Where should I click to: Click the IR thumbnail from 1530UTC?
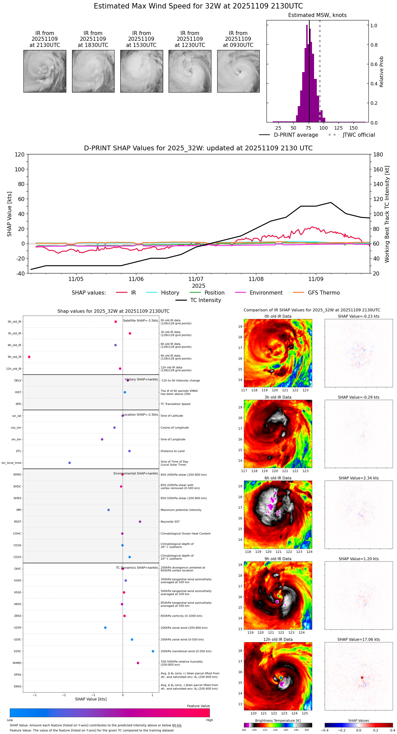pyautogui.click(x=141, y=71)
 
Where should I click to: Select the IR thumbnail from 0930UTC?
pyautogui.click(x=238, y=71)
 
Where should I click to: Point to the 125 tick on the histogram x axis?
pyautogui.click(x=338, y=128)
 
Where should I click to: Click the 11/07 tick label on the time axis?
pyautogui.click(x=196, y=279)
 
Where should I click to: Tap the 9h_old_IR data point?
pyautogui.click(x=29, y=357)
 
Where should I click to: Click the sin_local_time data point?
pyautogui.click(x=70, y=463)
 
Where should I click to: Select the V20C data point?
pyautogui.click(x=153, y=651)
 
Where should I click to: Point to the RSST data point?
pyautogui.click(x=140, y=521)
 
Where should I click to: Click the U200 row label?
pyautogui.click(x=17, y=628)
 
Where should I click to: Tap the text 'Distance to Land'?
pyautogui.click(x=172, y=451)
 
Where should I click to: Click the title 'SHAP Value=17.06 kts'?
pyautogui.click(x=358, y=639)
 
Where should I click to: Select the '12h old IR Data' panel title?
pyautogui.click(x=278, y=639)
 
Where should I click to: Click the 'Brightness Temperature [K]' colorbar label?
pyautogui.click(x=278, y=720)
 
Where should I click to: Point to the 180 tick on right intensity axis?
pyautogui.click(x=378, y=154)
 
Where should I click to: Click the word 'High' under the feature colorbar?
pyautogui.click(x=209, y=720)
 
